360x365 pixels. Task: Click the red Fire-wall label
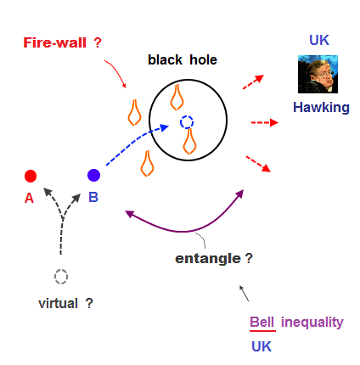click(x=54, y=42)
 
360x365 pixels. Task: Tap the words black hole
click(x=183, y=60)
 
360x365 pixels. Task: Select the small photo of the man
click(x=318, y=74)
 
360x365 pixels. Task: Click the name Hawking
click(x=321, y=108)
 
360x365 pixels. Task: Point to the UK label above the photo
click(x=319, y=40)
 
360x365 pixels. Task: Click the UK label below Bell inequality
click(x=262, y=346)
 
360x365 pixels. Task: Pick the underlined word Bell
click(x=262, y=323)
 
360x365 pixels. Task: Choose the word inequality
click(x=312, y=323)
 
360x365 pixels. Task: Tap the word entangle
click(x=208, y=259)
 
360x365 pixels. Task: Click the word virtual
click(x=58, y=303)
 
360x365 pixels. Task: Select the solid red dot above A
click(x=31, y=176)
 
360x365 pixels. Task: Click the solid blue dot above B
click(x=93, y=175)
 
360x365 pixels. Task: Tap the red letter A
click(x=29, y=198)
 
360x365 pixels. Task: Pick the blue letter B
click(x=93, y=197)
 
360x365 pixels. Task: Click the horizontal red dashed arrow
click(x=265, y=122)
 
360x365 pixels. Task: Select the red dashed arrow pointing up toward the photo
click(x=253, y=81)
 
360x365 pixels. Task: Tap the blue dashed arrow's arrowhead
click(x=165, y=127)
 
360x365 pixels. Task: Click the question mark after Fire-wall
click(x=98, y=42)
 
